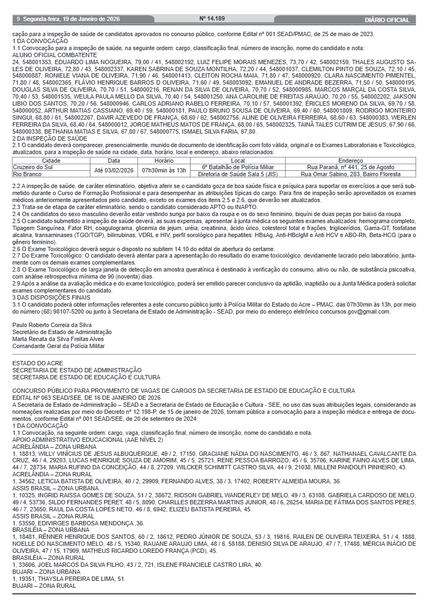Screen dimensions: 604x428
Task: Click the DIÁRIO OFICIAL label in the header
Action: click(387, 20)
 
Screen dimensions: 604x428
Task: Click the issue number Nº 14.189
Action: click(212, 19)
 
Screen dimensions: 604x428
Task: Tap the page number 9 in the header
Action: click(18, 19)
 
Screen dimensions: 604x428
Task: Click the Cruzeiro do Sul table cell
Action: click(32, 167)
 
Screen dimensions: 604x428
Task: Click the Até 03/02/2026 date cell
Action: click(114, 171)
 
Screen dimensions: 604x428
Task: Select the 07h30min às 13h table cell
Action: click(164, 171)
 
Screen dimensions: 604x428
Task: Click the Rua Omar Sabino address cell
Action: click(350, 174)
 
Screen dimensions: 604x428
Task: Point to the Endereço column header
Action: click(350, 161)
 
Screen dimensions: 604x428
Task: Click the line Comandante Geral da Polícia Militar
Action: click(59, 346)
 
